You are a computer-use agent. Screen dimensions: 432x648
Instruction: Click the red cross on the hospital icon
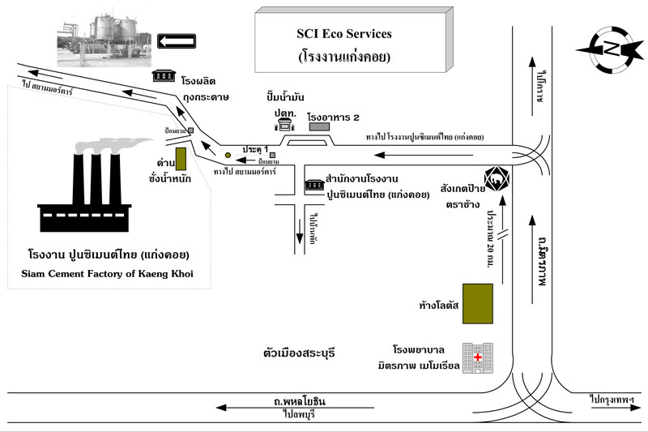[478, 357]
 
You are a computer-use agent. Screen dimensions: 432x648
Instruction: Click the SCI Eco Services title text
[343, 34]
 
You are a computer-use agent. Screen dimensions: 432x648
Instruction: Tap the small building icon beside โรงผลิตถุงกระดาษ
[164, 75]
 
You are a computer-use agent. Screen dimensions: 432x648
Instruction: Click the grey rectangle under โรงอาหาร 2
[319, 126]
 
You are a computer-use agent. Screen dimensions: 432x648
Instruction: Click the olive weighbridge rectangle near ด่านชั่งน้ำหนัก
[181, 158]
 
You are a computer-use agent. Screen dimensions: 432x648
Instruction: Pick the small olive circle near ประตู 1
[228, 155]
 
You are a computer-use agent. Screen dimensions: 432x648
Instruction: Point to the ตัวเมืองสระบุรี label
[299, 354]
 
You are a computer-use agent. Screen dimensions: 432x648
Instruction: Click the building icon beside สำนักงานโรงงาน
[313, 186]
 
